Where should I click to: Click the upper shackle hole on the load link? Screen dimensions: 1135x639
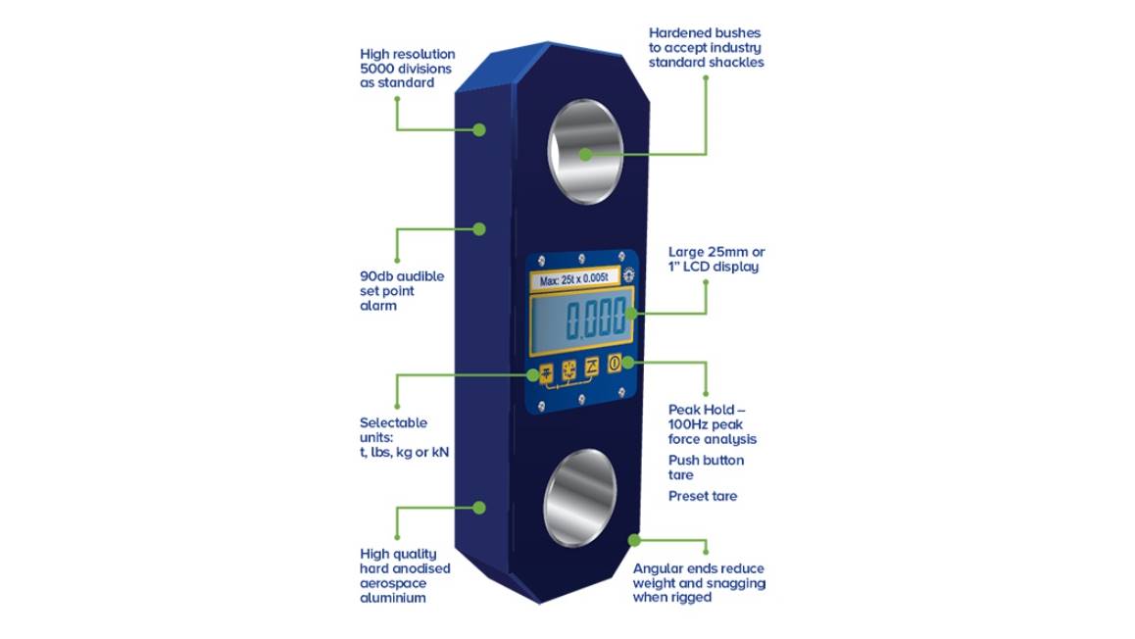(585, 152)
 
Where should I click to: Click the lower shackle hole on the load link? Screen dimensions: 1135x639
(580, 498)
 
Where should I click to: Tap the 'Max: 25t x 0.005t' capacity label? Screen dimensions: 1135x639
(574, 278)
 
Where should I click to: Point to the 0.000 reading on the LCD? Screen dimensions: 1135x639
(596, 319)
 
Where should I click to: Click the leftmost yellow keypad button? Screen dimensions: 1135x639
(547, 372)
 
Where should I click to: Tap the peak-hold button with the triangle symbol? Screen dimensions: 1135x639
(591, 367)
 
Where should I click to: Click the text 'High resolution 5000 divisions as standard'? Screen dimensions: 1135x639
(408, 68)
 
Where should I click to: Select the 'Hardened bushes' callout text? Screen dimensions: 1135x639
(706, 48)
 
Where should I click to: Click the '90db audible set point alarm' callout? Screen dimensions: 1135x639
(402, 291)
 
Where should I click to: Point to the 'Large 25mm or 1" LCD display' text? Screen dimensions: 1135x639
(716, 259)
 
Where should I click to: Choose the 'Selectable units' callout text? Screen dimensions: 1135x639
(404, 437)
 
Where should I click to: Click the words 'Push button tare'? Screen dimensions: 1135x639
(706, 467)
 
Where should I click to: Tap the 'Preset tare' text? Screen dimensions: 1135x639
(702, 497)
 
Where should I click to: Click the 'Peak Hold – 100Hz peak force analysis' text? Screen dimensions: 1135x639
(713, 424)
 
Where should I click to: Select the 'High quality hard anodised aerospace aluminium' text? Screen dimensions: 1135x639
(405, 576)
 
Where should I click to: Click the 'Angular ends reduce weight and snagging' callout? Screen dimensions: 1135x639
(699, 582)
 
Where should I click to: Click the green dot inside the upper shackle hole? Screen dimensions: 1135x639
(585, 154)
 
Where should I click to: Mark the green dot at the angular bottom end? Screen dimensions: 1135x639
(634, 540)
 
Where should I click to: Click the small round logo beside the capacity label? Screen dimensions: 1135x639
(628, 275)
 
